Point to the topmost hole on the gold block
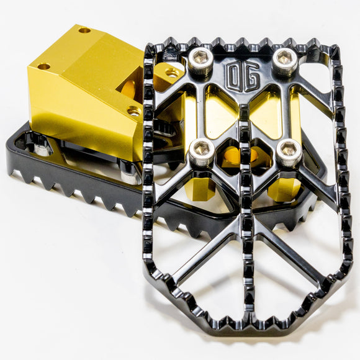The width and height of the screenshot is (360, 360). click(84, 30)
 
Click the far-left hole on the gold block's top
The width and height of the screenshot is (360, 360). click(43, 66)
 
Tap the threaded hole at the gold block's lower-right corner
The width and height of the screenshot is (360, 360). click(133, 111)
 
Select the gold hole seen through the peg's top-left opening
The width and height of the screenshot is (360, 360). click(172, 74)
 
